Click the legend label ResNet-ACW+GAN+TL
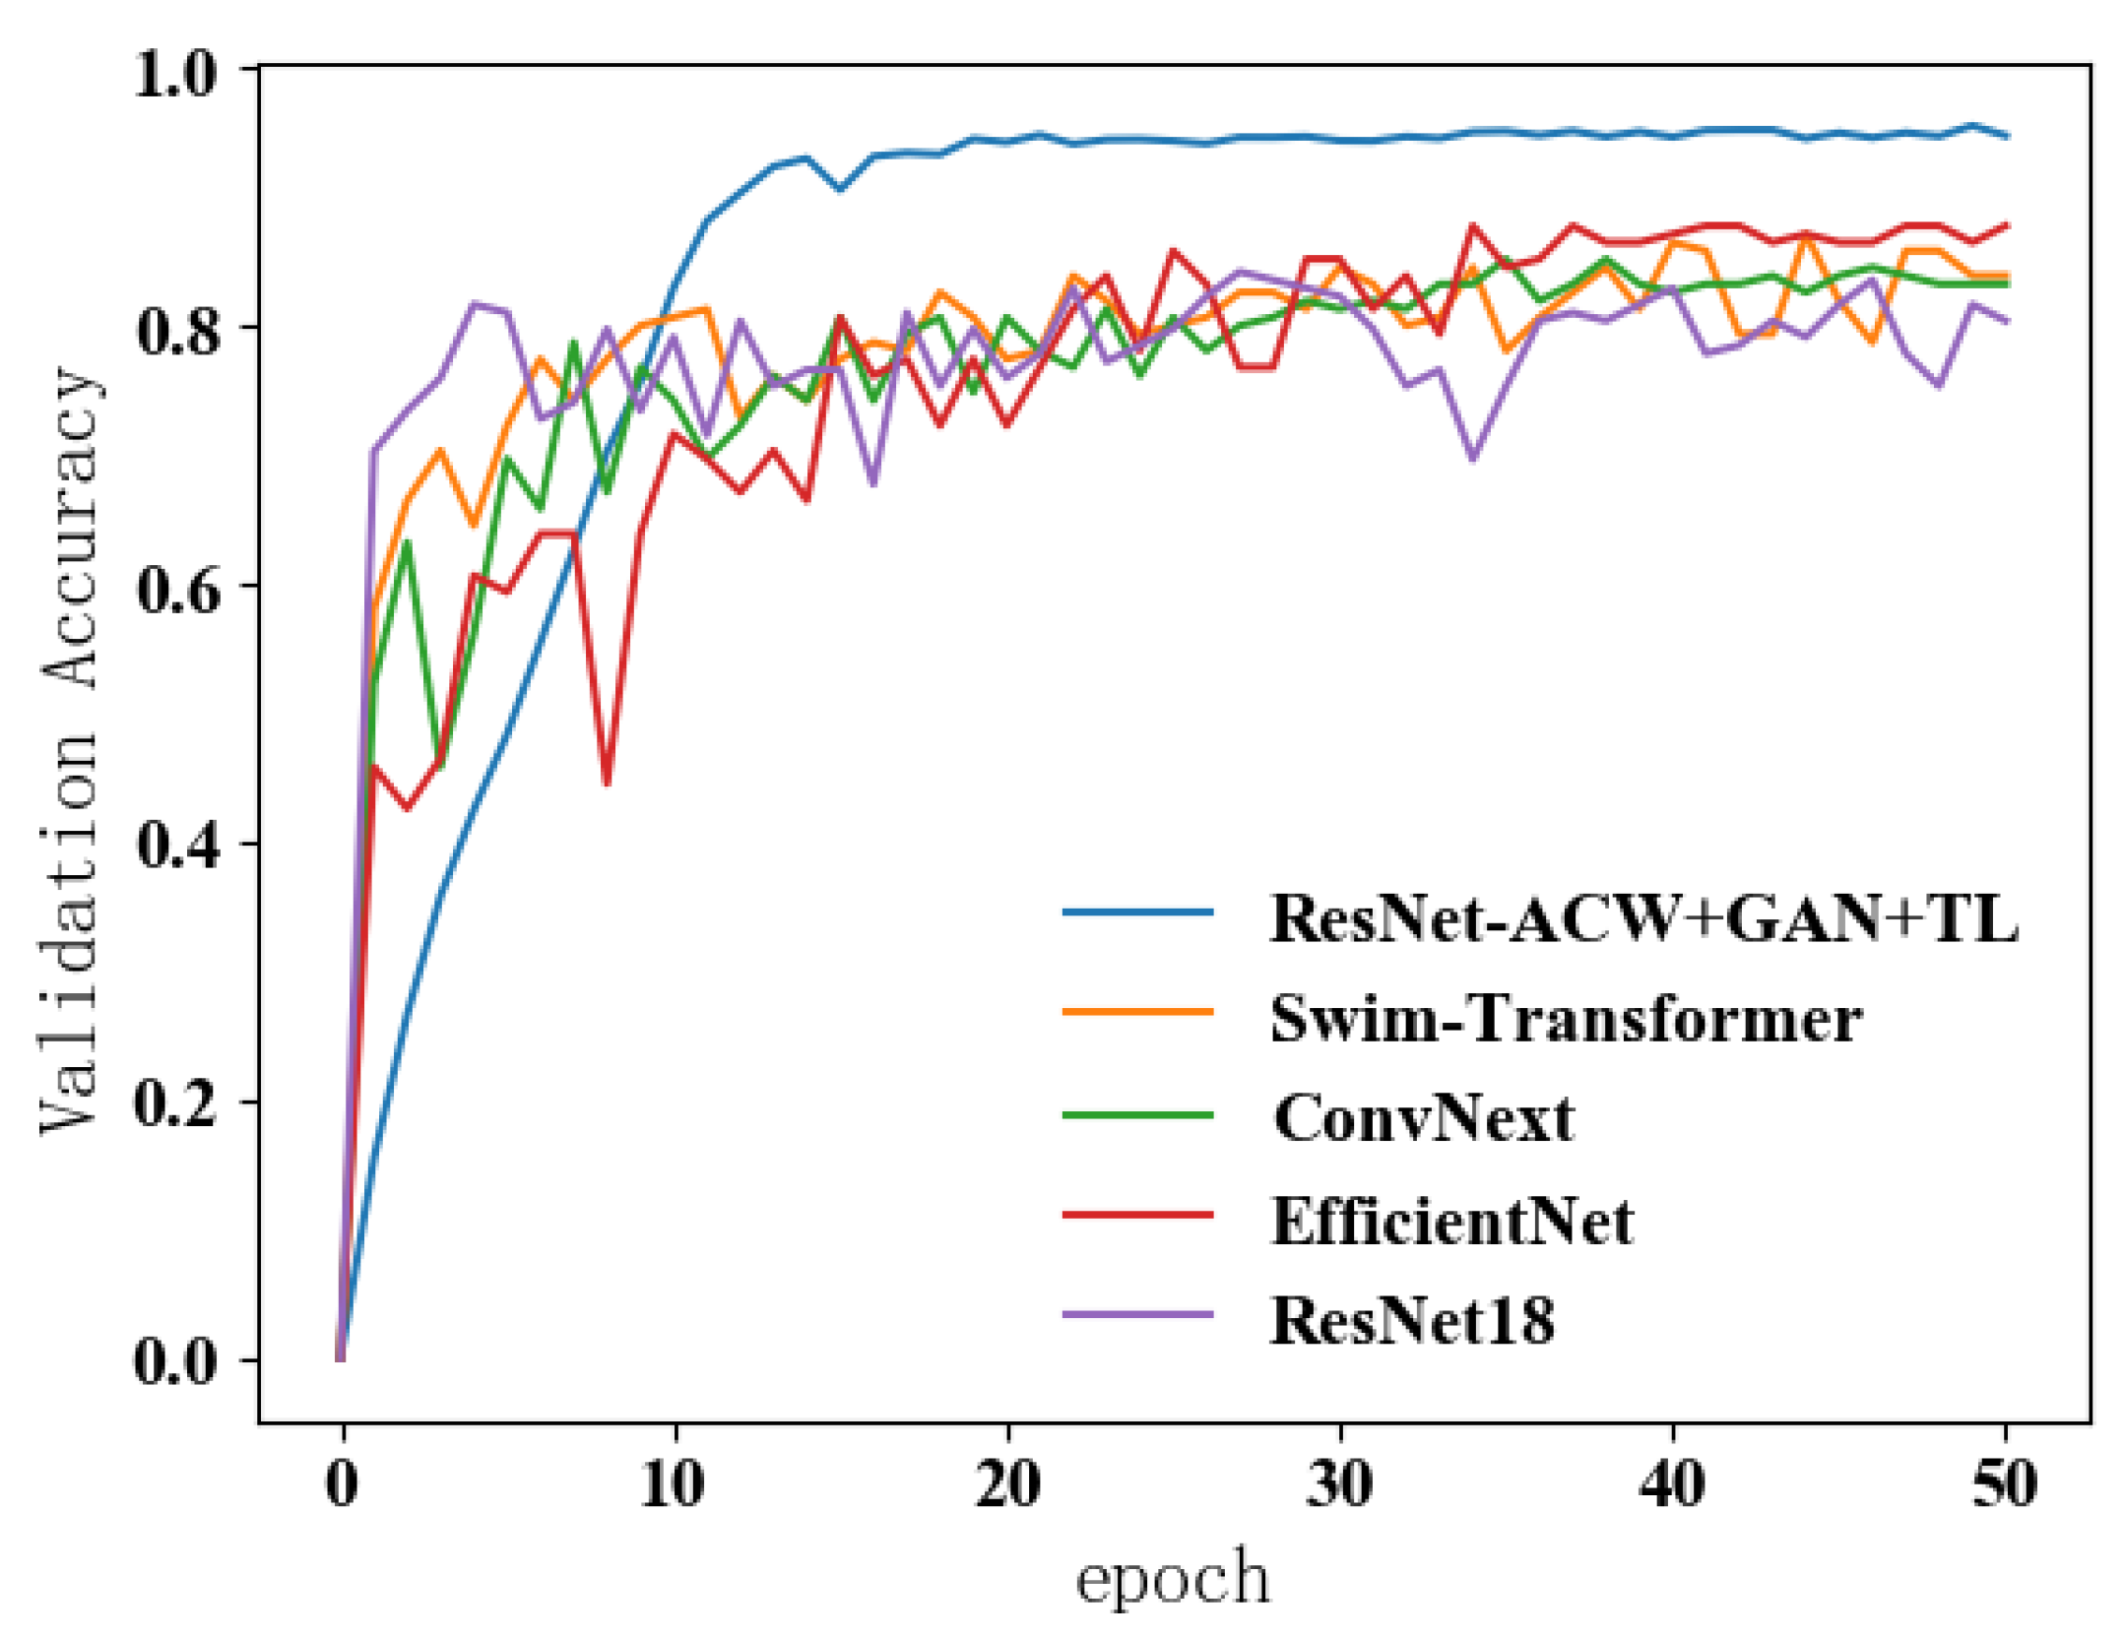1642,919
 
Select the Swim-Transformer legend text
1566,1019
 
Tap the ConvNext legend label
1423,1119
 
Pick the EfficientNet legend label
1452,1222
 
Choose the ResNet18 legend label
1412,1321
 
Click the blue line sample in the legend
1137,913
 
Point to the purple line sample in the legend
1137,1315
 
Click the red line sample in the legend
1137,1215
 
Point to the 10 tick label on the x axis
673,1484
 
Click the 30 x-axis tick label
1339,1484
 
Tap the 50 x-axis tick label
2005,1484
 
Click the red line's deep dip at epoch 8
607,784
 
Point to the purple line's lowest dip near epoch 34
1472,459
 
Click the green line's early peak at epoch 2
406,542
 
